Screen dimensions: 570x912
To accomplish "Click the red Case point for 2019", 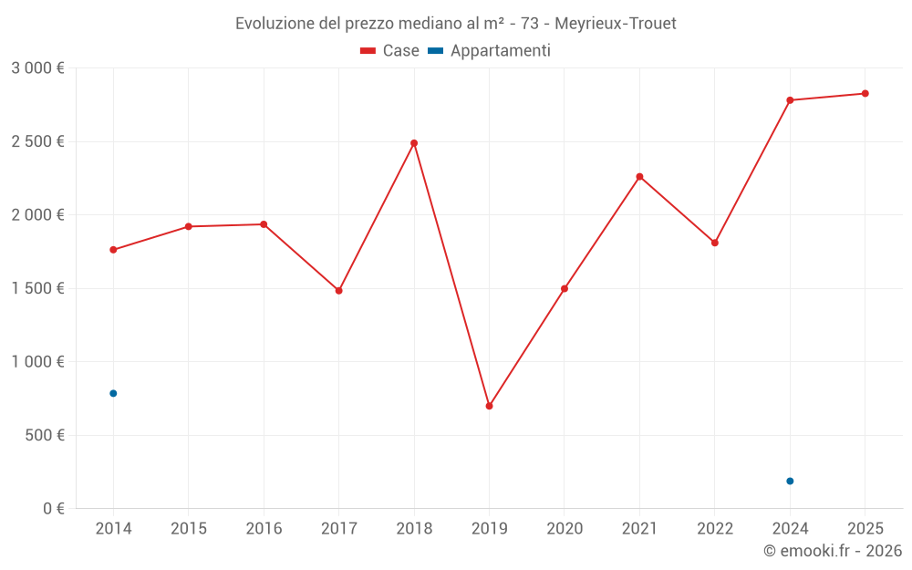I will (489, 406).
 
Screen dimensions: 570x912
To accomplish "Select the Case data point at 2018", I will (414, 143).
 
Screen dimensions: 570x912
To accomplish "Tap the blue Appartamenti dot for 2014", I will (113, 393).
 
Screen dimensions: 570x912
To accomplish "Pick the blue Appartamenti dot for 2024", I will (790, 481).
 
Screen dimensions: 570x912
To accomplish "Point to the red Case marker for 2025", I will (865, 93).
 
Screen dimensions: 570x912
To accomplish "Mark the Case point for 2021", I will (639, 176).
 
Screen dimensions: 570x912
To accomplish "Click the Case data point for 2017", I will (338, 290).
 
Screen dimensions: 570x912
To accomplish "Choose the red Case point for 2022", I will (715, 243).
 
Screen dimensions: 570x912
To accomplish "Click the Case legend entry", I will (390, 51).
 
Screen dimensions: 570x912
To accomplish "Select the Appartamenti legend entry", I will (490, 51).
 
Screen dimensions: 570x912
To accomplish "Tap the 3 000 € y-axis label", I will (37, 68).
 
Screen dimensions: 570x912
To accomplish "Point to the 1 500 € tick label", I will (37, 288).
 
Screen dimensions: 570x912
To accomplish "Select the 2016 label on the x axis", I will (264, 529).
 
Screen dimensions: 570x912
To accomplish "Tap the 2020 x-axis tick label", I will (565, 529).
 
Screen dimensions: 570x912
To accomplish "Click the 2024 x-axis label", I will (790, 529).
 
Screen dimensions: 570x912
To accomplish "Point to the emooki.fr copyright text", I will (833, 551).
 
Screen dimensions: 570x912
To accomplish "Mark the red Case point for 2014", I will (113, 250).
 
